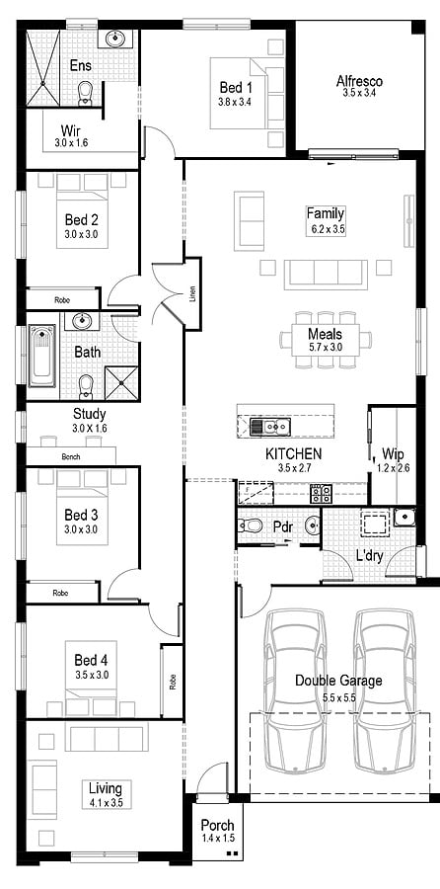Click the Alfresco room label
[359, 81]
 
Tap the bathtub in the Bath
[41, 356]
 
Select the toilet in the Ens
[85, 93]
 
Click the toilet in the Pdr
[252, 525]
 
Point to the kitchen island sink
[268, 427]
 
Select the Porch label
[216, 826]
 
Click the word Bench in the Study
[70, 457]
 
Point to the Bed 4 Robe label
[172, 681]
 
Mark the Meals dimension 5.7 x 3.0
[325, 348]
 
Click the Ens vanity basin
[116, 40]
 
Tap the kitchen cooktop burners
[321, 492]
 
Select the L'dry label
[369, 556]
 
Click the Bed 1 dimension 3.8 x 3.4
[235, 102]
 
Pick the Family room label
[325, 213]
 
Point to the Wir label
[71, 129]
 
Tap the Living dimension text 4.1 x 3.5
[105, 803]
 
